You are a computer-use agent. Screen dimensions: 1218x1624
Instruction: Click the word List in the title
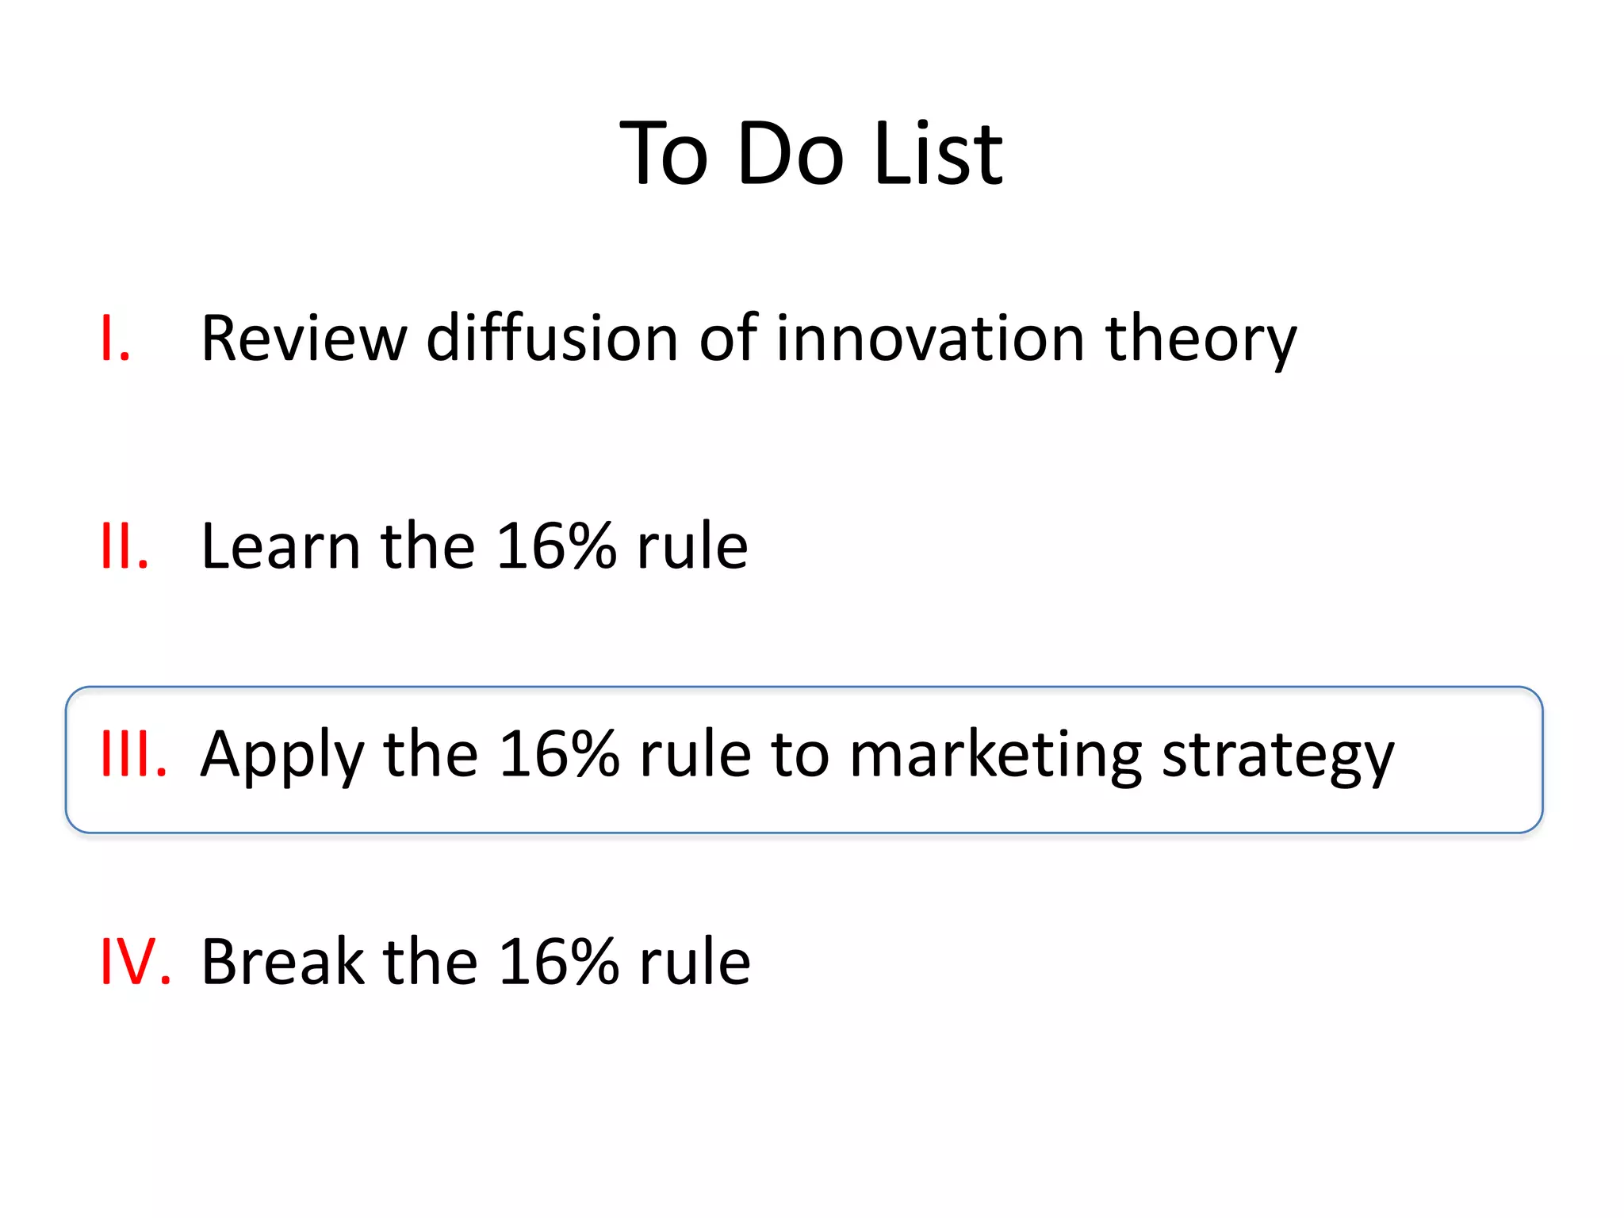[x=939, y=154]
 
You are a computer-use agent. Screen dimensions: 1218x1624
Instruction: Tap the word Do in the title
[x=791, y=154]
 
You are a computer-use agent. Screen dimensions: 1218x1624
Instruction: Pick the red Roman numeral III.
[x=134, y=754]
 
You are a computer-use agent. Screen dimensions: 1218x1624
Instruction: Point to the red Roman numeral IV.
[x=136, y=962]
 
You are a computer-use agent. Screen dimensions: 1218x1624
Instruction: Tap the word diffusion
[x=552, y=339]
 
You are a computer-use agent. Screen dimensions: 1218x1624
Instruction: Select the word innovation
[x=929, y=339]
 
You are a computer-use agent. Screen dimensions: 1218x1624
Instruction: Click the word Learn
[x=282, y=546]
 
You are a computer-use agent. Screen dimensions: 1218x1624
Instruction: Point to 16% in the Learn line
[x=557, y=546]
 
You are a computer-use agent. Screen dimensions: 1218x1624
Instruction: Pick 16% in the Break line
[x=558, y=962]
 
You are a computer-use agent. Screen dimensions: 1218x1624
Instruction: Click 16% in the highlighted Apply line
[x=558, y=754]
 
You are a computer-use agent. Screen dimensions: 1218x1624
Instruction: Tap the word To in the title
[x=665, y=154]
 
